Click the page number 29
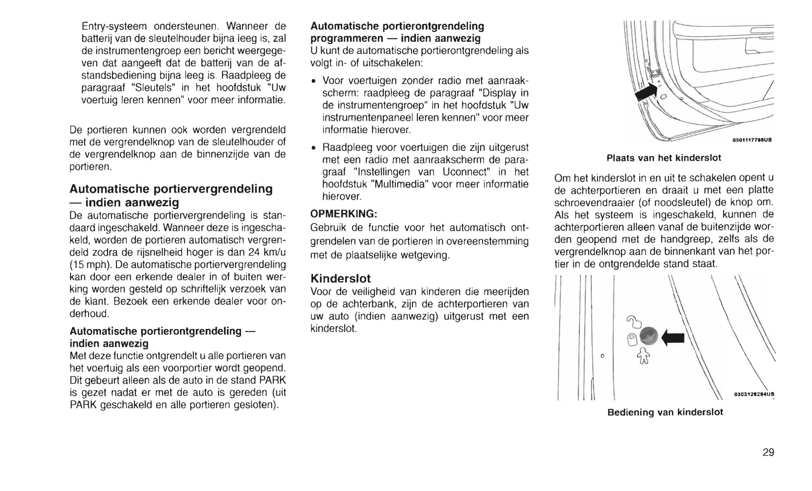(x=768, y=452)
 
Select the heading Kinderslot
(x=341, y=278)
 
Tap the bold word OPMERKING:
(x=344, y=214)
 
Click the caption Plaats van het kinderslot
(x=664, y=158)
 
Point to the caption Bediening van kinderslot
(x=665, y=412)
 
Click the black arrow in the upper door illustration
(x=646, y=92)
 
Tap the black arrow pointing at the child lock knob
(x=673, y=337)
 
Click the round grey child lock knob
(x=649, y=336)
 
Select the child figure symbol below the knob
(x=643, y=356)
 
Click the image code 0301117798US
(x=752, y=140)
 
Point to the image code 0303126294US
(x=754, y=394)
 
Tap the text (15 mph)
(x=86, y=265)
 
